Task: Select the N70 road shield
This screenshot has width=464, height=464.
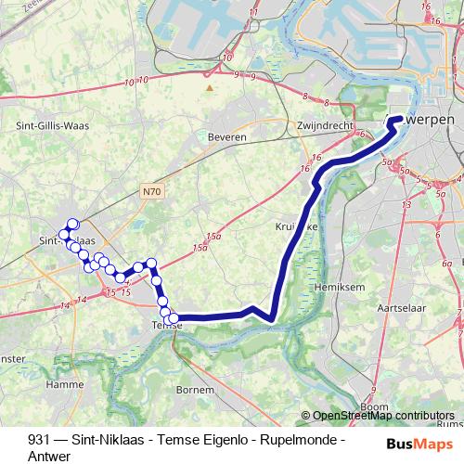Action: pos(153,192)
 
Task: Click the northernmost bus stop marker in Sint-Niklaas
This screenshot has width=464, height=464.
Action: pos(72,225)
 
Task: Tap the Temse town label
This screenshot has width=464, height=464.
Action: pos(166,326)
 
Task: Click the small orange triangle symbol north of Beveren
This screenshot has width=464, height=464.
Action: pos(211,89)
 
